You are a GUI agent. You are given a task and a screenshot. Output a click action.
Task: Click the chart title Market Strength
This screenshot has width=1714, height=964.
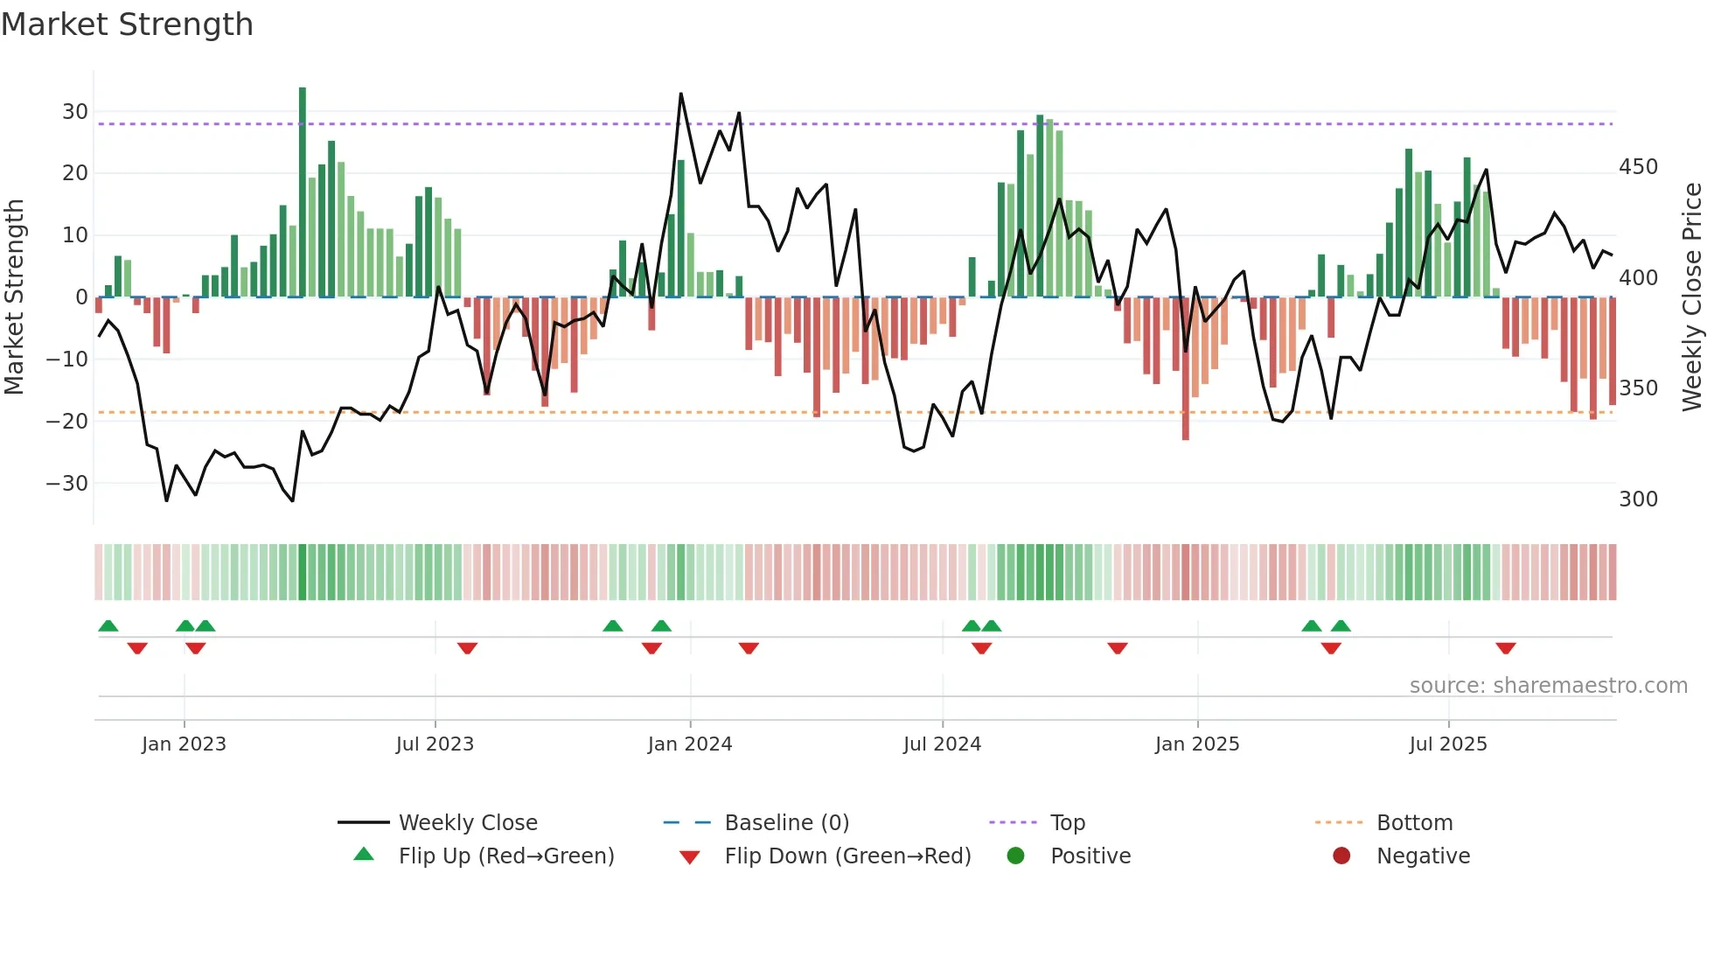click(x=127, y=24)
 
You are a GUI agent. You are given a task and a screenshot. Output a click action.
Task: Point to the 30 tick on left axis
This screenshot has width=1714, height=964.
click(x=75, y=112)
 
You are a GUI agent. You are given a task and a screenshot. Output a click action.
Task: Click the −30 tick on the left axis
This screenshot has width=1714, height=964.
click(x=68, y=484)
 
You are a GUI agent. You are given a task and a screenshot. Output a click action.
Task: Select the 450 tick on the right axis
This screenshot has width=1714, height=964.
click(x=1638, y=167)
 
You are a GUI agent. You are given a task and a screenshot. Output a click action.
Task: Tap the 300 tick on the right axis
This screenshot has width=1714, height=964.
click(x=1638, y=499)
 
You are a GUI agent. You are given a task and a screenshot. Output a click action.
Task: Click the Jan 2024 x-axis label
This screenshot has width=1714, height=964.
click(x=690, y=744)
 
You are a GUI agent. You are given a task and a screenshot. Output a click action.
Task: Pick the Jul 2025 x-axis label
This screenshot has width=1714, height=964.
click(x=1448, y=744)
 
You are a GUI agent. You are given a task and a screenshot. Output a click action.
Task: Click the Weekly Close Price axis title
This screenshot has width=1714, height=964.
click(x=1693, y=297)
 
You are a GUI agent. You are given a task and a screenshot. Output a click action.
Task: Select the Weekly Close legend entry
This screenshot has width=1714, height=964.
click(x=468, y=823)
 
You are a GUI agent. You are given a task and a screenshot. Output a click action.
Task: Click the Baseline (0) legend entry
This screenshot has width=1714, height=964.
click(x=786, y=823)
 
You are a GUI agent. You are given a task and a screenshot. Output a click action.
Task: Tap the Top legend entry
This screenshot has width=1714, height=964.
click(x=1067, y=823)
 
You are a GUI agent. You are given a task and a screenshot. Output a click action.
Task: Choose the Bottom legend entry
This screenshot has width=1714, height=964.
click(x=1414, y=823)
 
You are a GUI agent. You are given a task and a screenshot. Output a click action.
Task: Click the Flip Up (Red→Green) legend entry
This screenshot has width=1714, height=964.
click(x=506, y=856)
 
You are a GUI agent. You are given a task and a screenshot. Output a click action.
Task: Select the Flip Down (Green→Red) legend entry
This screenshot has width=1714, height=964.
click(x=847, y=856)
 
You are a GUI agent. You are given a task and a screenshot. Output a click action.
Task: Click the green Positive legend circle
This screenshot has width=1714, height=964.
click(x=1015, y=856)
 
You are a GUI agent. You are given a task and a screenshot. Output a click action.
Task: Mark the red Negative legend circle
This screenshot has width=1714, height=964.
click(x=1341, y=856)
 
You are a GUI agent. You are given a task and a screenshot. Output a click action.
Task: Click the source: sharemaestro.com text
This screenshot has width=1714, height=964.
click(x=1548, y=686)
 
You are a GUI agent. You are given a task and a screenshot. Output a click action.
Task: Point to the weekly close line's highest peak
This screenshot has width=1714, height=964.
click(x=681, y=94)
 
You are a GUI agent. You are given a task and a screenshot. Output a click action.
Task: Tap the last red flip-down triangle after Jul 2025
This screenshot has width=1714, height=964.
click(x=1505, y=648)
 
